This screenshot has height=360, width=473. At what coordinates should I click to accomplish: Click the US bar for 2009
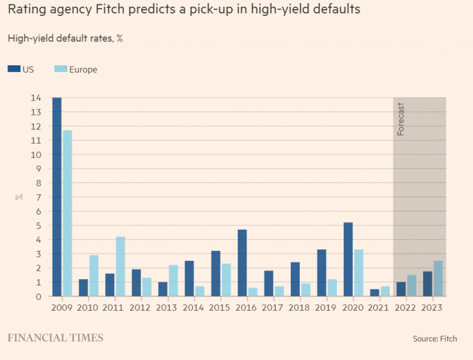coord(57,197)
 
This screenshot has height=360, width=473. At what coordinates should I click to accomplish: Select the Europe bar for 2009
coord(67,213)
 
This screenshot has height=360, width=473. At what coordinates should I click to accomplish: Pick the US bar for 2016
coord(242,263)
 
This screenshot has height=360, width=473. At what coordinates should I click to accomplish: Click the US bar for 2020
coord(348,259)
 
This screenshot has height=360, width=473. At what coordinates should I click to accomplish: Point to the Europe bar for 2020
coord(358,272)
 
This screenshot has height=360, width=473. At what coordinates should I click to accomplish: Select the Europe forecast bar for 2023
coord(438,279)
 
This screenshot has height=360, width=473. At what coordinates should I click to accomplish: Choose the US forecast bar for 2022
coord(401,289)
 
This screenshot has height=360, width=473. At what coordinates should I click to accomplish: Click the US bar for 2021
coord(374,293)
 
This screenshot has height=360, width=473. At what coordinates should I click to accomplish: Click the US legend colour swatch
coord(14,70)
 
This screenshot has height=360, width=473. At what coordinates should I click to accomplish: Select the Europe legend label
coord(83,70)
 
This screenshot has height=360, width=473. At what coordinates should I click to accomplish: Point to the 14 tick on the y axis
coord(37,98)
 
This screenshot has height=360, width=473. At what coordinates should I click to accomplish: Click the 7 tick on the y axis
coord(39,197)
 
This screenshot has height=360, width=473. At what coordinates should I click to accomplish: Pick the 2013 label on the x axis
coord(168,307)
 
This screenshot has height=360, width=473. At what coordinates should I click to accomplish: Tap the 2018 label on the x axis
coord(300,307)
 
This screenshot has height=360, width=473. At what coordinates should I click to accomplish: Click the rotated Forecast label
coord(401,119)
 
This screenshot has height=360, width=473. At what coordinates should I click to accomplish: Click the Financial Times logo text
coord(55,338)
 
